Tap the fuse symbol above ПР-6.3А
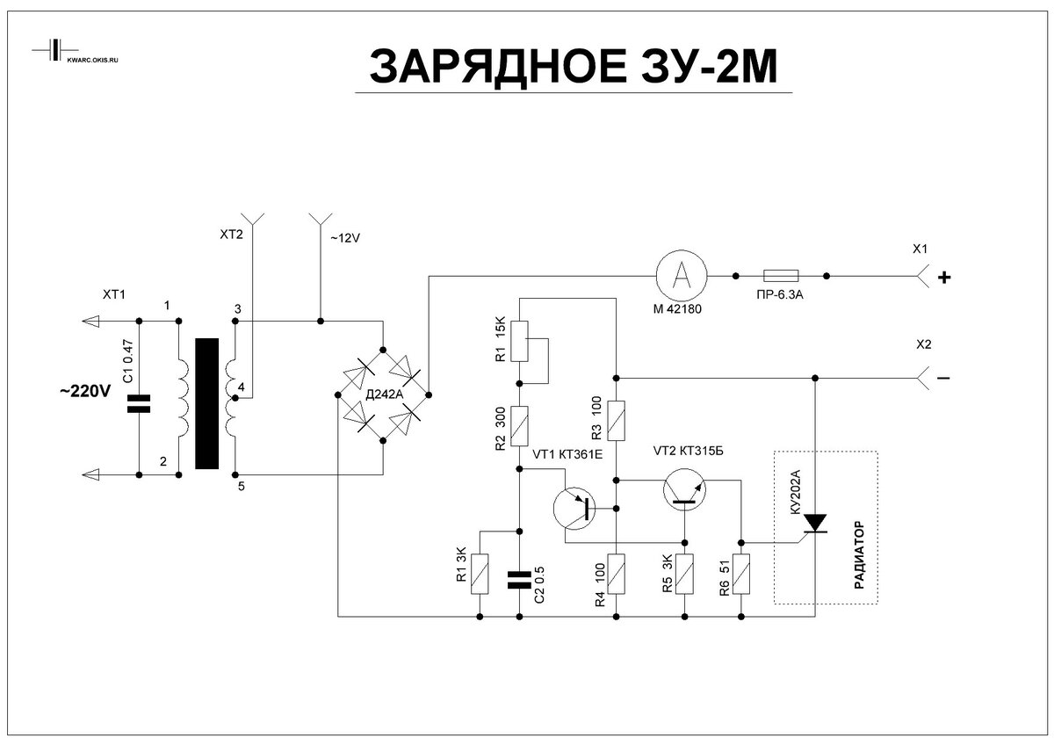(x=781, y=276)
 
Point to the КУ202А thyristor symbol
(x=816, y=524)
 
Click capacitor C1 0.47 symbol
(x=139, y=404)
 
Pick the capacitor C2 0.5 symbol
(x=520, y=579)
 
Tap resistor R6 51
(x=742, y=575)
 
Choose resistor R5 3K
(x=685, y=575)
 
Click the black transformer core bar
(x=206, y=403)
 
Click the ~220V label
(x=85, y=392)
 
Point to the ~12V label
(x=344, y=237)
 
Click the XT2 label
(x=231, y=235)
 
